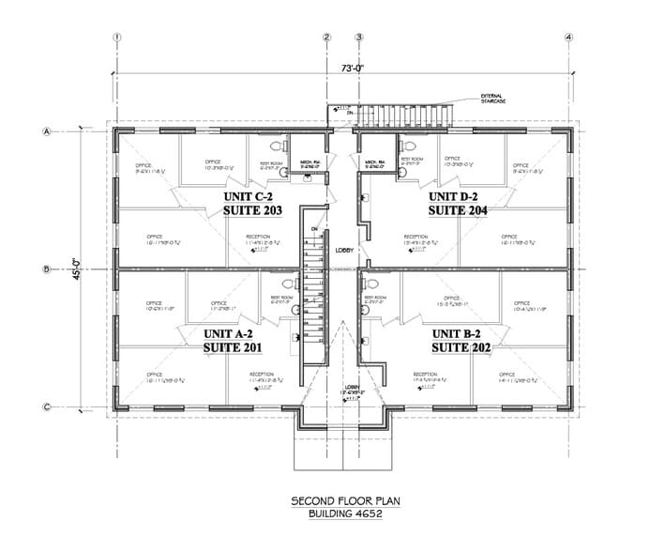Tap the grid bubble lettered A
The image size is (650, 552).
[46, 132]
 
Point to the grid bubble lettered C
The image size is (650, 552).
[46, 406]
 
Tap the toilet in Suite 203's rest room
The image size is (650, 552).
[274, 146]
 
